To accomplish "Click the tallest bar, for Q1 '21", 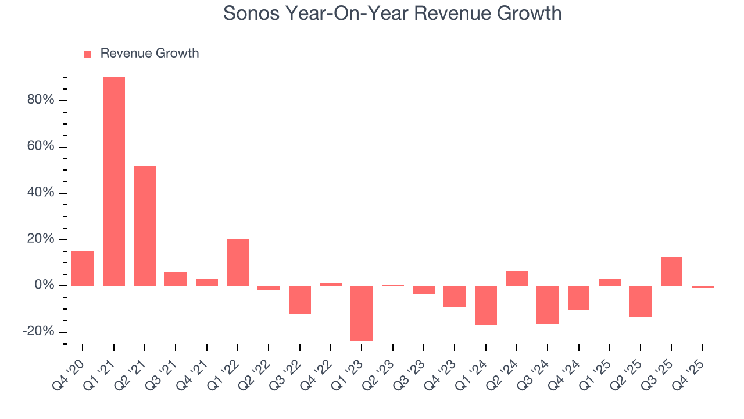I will click(x=114, y=182).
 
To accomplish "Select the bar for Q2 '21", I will click(x=145, y=226).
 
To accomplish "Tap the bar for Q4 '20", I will click(x=83, y=268).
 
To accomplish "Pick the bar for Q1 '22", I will click(x=238, y=262).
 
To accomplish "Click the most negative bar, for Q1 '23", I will click(x=362, y=313).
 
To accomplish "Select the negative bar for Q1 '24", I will click(x=485, y=305).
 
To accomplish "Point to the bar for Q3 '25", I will click(x=671, y=271).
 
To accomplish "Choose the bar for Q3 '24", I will click(x=548, y=304).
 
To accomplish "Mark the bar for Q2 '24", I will click(x=517, y=278).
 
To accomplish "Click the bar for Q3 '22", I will click(x=300, y=300).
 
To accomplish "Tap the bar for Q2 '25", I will click(x=641, y=301).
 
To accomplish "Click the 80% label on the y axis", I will click(x=41, y=100).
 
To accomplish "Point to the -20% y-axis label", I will click(x=38, y=332).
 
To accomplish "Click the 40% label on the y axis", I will click(x=41, y=193).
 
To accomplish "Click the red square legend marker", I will click(x=87, y=54).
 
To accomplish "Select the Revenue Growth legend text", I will click(x=149, y=54).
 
